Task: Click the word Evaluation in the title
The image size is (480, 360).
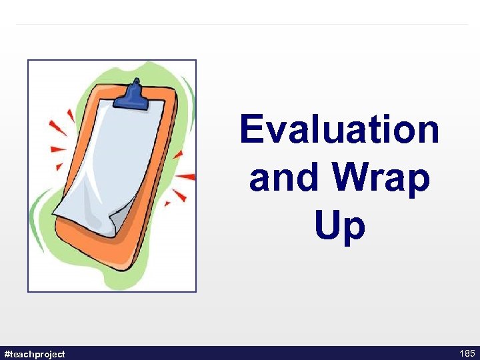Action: click(x=339, y=129)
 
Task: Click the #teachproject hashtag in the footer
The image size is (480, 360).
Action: click(x=35, y=353)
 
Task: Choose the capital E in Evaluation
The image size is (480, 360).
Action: click(x=252, y=129)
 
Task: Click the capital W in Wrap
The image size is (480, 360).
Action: click(x=353, y=178)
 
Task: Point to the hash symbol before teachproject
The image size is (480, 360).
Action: click(x=7, y=353)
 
